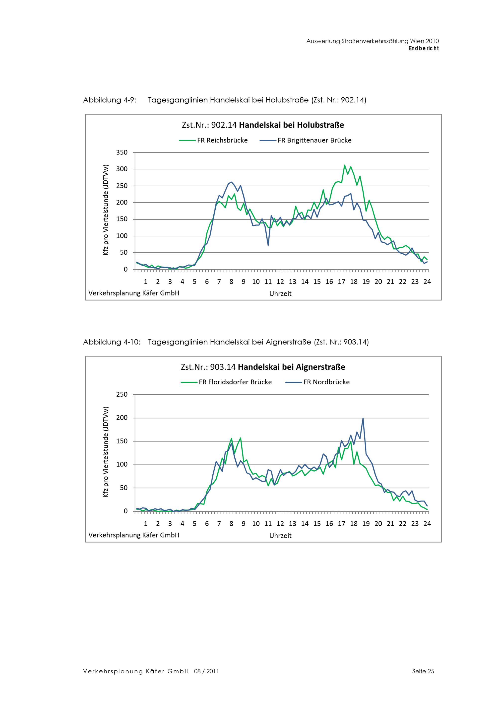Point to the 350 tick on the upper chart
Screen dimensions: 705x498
tap(122, 152)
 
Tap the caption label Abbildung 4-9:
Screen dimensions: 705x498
tap(110, 100)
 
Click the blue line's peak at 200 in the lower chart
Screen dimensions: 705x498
tap(363, 418)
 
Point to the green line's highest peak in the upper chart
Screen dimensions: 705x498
tap(345, 165)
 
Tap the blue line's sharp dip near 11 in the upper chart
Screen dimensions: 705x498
tap(268, 245)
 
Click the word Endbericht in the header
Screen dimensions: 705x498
tap(424, 49)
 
